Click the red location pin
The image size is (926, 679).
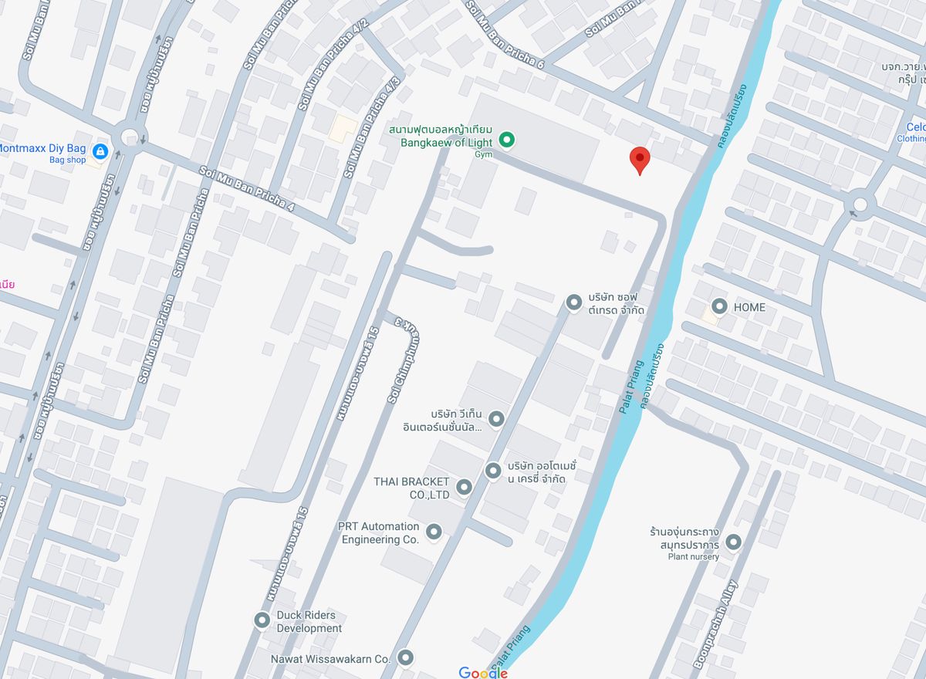coord(640,159)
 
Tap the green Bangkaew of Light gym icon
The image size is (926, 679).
coord(506,140)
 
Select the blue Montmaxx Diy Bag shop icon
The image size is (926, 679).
coord(100,150)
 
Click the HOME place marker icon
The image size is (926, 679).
coord(719,307)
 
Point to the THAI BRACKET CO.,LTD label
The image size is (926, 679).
coord(411,487)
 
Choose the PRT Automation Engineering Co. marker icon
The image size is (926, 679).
coord(434,532)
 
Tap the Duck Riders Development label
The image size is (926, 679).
coord(308,622)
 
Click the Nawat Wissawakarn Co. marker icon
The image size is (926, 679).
coord(405,658)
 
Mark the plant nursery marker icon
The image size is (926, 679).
coord(733,542)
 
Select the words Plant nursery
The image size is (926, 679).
coord(693,556)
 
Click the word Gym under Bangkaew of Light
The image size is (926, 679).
coord(483,154)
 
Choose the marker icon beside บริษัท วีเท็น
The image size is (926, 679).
coord(496,419)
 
